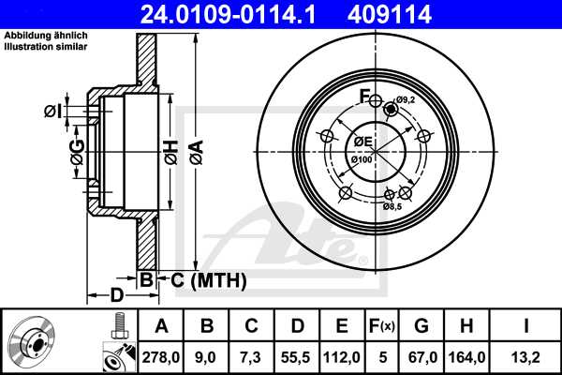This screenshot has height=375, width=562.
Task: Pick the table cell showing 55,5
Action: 298,356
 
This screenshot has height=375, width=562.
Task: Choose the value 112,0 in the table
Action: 343,356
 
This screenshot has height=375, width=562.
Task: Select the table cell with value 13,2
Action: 527,356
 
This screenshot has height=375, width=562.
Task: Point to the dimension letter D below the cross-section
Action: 116,295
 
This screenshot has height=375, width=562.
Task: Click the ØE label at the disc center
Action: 362,142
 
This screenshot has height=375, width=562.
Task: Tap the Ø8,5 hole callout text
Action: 392,204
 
